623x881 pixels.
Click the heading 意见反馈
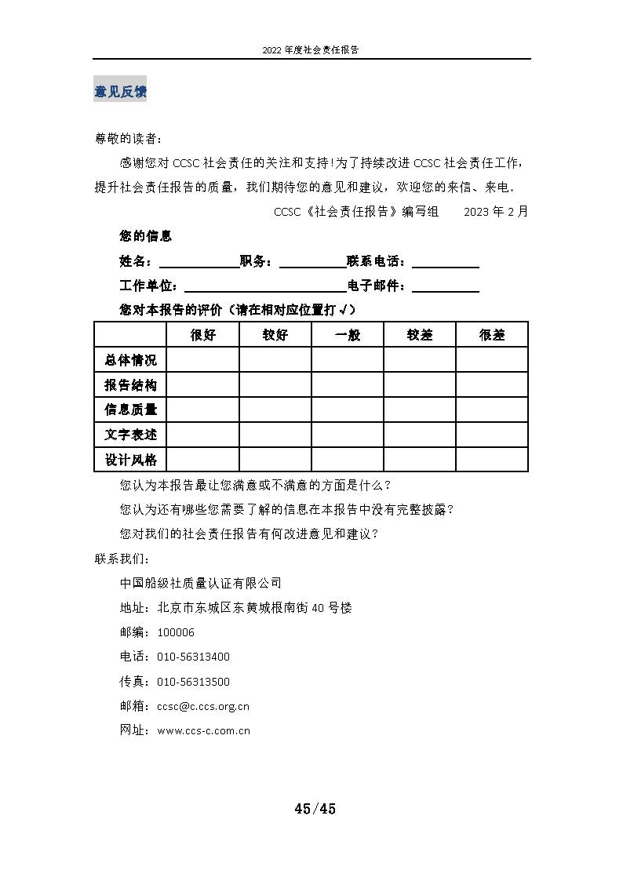click(120, 92)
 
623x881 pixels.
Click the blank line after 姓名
click(199, 262)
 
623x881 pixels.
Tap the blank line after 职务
click(311, 262)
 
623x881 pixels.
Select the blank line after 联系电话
click(445, 262)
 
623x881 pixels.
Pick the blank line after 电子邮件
click(445, 286)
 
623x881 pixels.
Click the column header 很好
click(203, 335)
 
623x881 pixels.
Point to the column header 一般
click(348, 335)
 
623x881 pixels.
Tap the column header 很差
click(492, 335)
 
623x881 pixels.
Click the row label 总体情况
click(130, 360)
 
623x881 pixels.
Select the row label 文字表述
click(130, 435)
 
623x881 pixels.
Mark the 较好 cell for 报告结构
click(275, 384)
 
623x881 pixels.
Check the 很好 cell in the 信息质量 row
click(203, 410)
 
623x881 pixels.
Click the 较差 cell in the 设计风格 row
click(420, 460)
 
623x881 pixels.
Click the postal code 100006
click(176, 632)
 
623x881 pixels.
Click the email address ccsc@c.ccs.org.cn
click(203, 706)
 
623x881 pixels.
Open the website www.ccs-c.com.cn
click(204, 730)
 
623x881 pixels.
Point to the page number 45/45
click(315, 809)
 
